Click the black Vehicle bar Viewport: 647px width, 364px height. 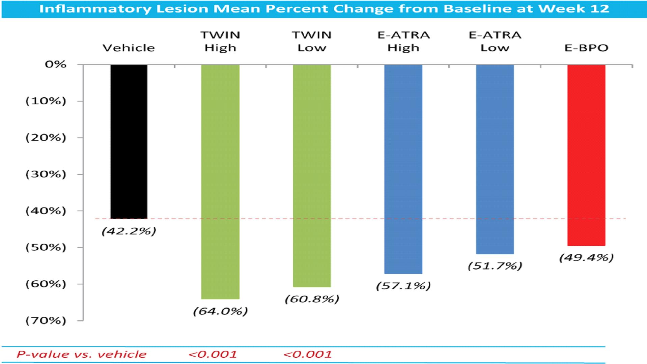[129, 142]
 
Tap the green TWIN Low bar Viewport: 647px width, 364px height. [312, 175]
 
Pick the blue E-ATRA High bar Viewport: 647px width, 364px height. [403, 169]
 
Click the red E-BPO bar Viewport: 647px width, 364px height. [586, 155]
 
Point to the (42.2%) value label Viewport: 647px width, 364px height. [129, 231]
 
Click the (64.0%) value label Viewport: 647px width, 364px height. [220, 311]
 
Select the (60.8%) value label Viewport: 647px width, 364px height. [312, 299]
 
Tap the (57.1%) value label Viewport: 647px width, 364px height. [403, 286]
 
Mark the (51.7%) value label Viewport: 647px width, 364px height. [495, 266]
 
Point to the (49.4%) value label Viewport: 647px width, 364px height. [586, 257]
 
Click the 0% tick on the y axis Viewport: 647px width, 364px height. [56, 64]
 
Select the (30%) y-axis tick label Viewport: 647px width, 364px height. [46, 174]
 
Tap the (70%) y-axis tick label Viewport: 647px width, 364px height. [46, 320]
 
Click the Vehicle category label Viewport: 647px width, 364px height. [129, 48]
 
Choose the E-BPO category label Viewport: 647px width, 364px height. [586, 48]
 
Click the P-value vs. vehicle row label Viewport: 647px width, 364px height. [82, 354]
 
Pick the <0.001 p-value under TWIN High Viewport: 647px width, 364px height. [213, 354]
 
